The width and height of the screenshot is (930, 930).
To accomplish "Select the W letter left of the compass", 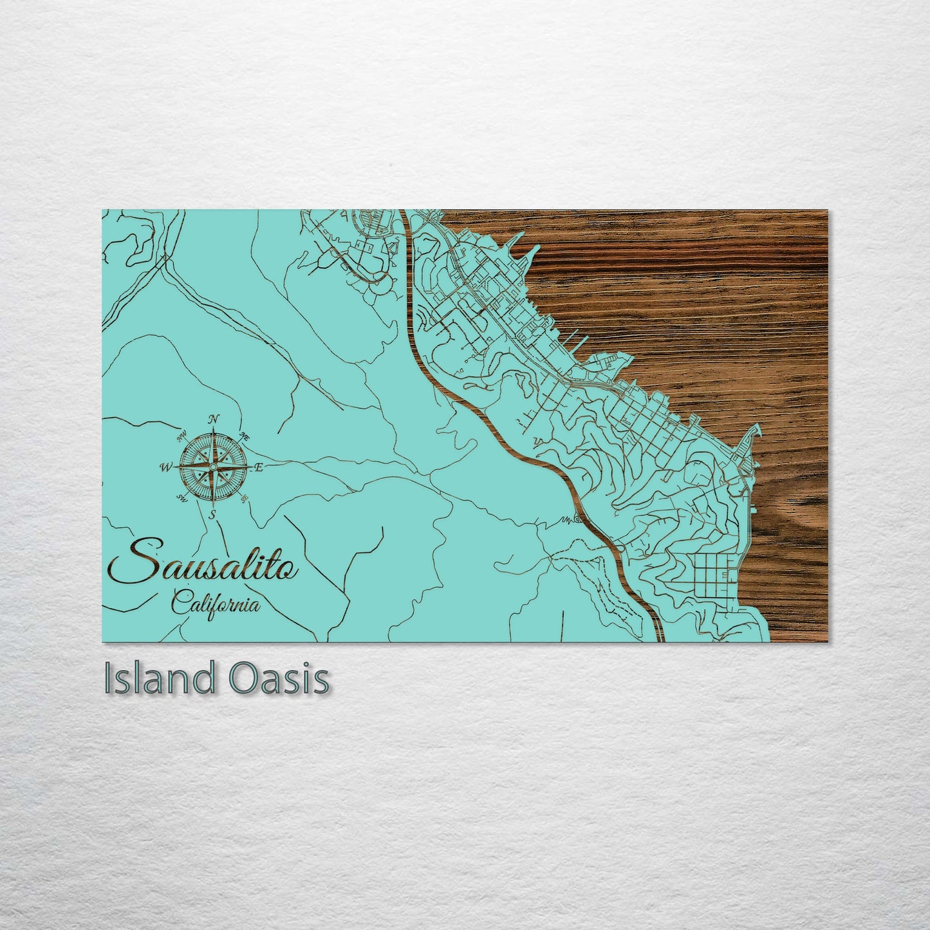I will click(x=166, y=467).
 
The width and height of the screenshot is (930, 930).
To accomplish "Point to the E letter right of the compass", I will click(x=259, y=468).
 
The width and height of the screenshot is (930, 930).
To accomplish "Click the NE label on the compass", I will click(x=245, y=436).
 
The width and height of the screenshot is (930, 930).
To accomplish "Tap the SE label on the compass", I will click(x=244, y=498).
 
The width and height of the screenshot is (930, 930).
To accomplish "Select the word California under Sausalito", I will click(x=216, y=605).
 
